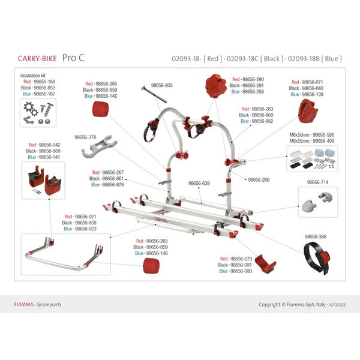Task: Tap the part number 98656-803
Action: pos(161,86)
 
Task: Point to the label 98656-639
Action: pos(200,184)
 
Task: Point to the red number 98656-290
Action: pos(247,79)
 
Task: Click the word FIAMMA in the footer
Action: pos(23,304)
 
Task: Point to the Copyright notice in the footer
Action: pos(302,304)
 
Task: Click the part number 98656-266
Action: pos(259,179)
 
